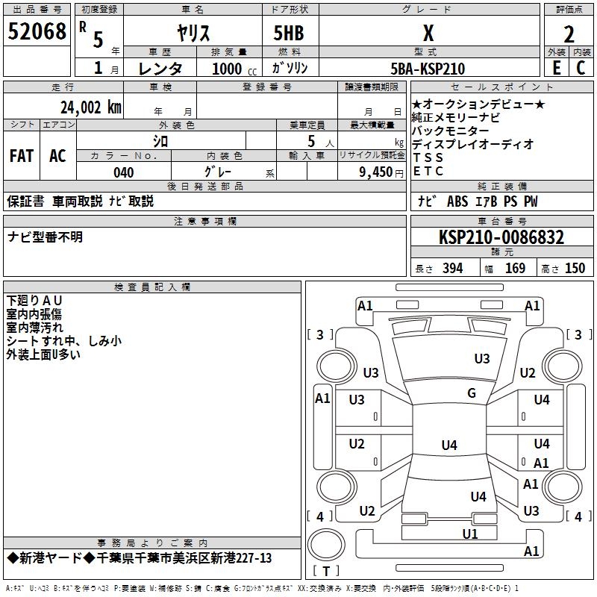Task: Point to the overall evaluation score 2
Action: pyautogui.click(x=569, y=34)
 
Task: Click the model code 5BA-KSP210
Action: pyautogui.click(x=428, y=69)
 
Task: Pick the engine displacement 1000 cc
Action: pyautogui.click(x=232, y=69)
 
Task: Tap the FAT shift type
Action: pyautogui.click(x=22, y=156)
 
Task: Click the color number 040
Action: pyautogui.click(x=123, y=172)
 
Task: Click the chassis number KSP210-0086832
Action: pyautogui.click(x=501, y=237)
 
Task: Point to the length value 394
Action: pyautogui.click(x=452, y=269)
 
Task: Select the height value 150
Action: pyautogui.click(x=575, y=269)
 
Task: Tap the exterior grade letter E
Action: pyautogui.click(x=556, y=68)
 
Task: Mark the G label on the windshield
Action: pyautogui.click(x=472, y=393)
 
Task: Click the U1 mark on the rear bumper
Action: pyautogui.click(x=469, y=534)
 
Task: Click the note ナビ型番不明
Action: pyautogui.click(x=46, y=237)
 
